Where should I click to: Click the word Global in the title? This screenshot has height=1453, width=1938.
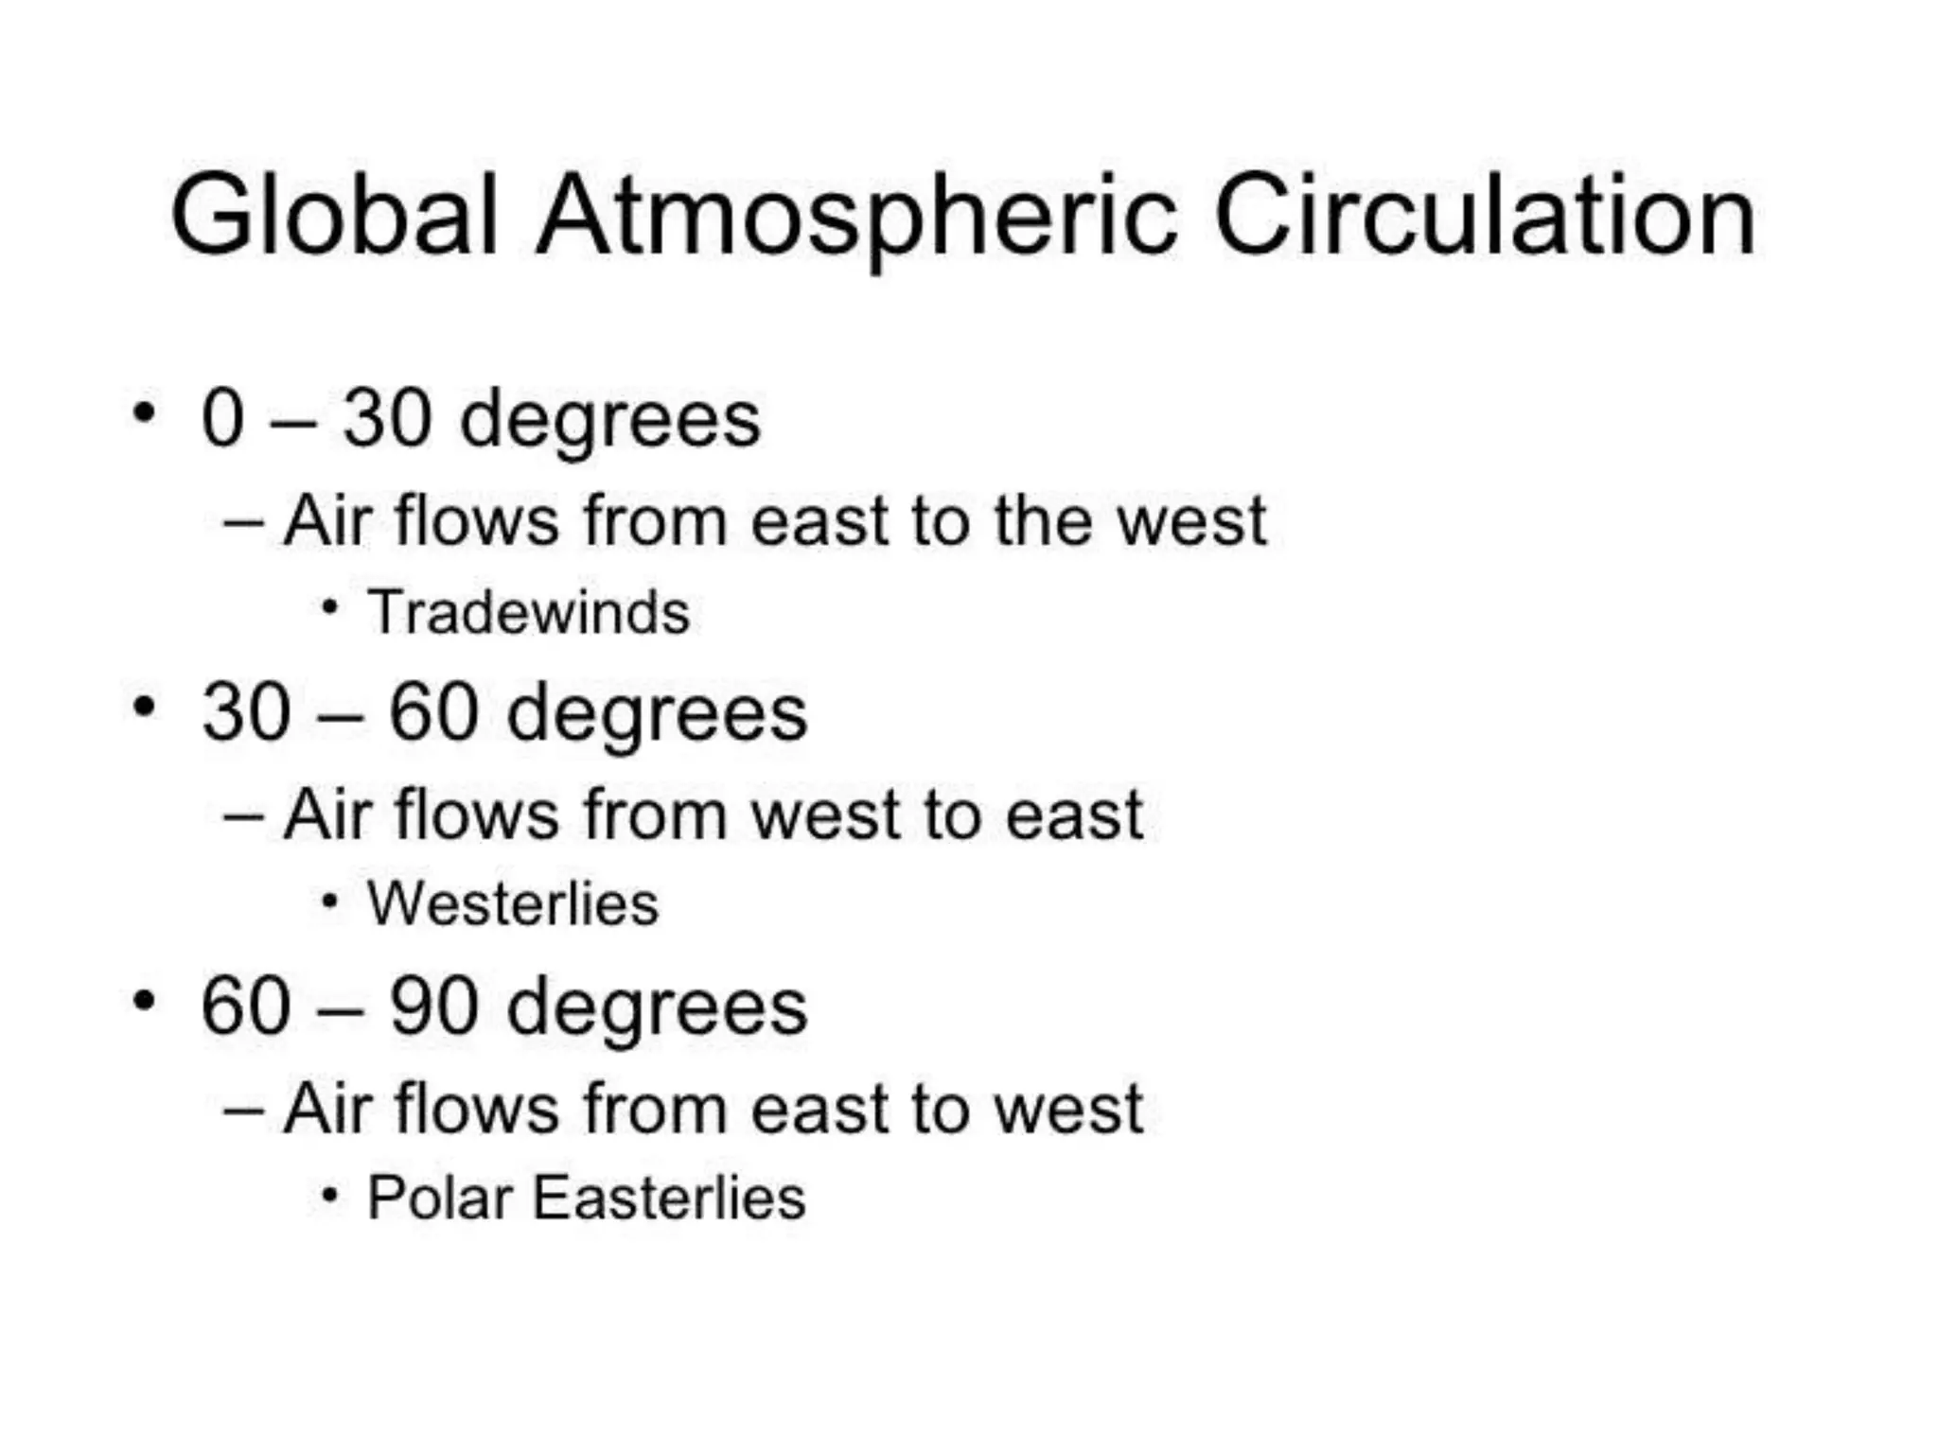tap(334, 216)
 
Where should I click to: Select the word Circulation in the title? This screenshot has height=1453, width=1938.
tap(1484, 216)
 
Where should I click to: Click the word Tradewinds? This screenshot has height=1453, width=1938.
tap(528, 612)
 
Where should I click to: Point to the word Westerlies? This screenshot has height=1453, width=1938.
tap(512, 903)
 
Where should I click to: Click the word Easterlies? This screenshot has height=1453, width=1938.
tap(668, 1198)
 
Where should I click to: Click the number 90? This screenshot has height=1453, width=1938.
tap(433, 1006)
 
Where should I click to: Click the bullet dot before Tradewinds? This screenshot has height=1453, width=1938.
tap(329, 606)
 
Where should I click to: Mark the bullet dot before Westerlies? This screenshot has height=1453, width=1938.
tap(329, 901)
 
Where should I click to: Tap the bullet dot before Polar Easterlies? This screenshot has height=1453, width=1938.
tap(329, 1195)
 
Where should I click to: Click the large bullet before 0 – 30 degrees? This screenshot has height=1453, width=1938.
tap(144, 412)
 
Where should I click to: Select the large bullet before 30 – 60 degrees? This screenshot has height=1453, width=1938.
tap(144, 706)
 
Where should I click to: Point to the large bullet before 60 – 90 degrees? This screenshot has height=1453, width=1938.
tap(144, 1000)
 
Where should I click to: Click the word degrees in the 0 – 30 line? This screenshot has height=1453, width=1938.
tap(610, 421)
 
